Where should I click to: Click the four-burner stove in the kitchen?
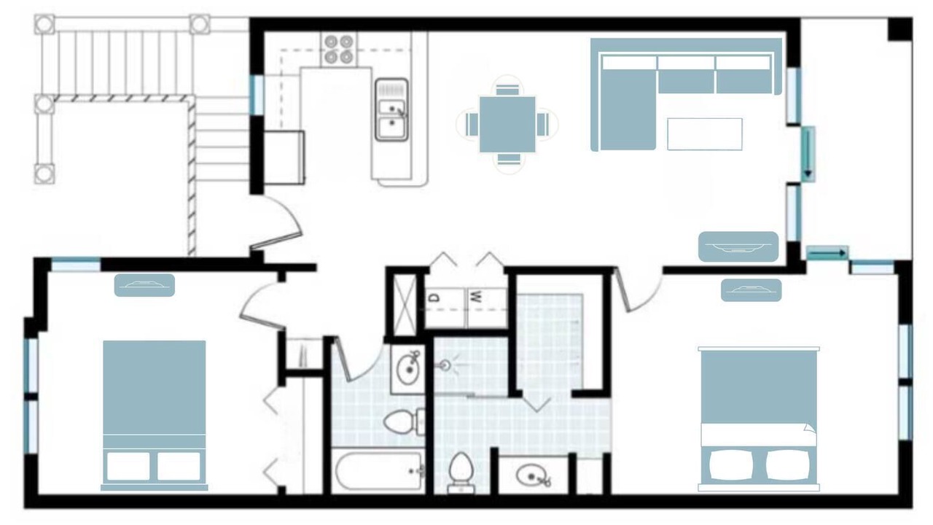click(x=339, y=49)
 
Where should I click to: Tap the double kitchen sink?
click(x=391, y=110)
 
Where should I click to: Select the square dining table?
click(x=507, y=125)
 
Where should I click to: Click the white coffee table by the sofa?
click(x=705, y=134)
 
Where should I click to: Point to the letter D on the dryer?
click(x=435, y=297)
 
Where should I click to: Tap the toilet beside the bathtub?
click(x=404, y=421)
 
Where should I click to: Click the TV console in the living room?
click(x=738, y=246)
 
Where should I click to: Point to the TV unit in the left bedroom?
click(x=144, y=285)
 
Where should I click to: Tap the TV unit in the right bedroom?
click(x=752, y=290)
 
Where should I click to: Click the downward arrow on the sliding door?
click(x=808, y=154)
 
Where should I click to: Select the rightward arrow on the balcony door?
click(x=827, y=253)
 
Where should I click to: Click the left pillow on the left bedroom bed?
click(x=128, y=466)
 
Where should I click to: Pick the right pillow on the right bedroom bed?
click(x=789, y=464)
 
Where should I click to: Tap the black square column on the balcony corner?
click(x=900, y=28)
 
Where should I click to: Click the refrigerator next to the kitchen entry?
click(x=284, y=157)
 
